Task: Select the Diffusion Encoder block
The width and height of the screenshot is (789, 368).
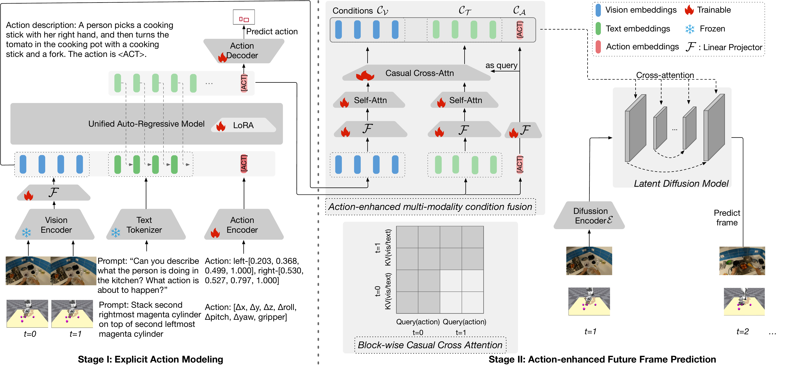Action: pyautogui.click(x=589, y=216)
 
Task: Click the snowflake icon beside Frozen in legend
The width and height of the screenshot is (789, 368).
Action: pyautogui.click(x=690, y=29)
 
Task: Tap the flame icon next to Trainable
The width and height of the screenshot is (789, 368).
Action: pyautogui.click(x=689, y=10)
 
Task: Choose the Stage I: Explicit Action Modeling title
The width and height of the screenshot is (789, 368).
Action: pyautogui.click(x=150, y=359)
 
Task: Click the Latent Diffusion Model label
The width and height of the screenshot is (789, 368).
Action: pyautogui.click(x=681, y=184)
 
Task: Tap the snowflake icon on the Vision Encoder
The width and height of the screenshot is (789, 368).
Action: pyautogui.click(x=27, y=233)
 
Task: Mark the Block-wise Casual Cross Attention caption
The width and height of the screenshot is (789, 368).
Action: pyautogui.click(x=430, y=345)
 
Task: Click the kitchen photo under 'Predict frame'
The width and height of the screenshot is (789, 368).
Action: pyautogui.click(x=742, y=261)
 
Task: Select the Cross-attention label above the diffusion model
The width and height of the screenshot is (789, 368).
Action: pyautogui.click(x=665, y=75)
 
